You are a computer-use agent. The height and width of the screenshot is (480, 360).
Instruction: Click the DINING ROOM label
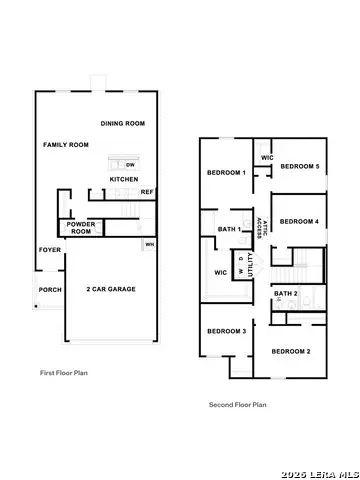(x=123, y=124)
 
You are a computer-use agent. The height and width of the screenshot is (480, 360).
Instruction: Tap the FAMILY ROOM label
(x=66, y=145)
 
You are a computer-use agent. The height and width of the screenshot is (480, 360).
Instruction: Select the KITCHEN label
(x=124, y=179)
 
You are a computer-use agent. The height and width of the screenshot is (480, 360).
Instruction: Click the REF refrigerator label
(x=146, y=192)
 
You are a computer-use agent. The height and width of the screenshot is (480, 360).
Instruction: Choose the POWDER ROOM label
(x=80, y=227)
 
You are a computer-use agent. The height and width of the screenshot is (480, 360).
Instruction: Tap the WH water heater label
(x=149, y=244)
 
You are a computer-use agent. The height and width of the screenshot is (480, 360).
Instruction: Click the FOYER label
(x=49, y=249)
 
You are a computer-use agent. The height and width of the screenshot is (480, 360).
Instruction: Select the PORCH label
(x=49, y=290)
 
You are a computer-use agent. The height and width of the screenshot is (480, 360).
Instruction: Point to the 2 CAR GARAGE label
(x=111, y=289)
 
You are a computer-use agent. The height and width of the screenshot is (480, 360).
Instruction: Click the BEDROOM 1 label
(x=227, y=172)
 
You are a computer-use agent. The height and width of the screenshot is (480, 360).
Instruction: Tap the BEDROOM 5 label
(x=299, y=166)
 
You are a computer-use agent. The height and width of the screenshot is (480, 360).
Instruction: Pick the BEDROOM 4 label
(x=299, y=221)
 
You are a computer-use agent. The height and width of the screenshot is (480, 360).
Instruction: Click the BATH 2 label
(x=287, y=293)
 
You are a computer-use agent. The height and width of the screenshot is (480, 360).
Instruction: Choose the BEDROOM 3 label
(x=227, y=331)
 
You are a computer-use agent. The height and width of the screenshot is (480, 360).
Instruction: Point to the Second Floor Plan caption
(x=237, y=405)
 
